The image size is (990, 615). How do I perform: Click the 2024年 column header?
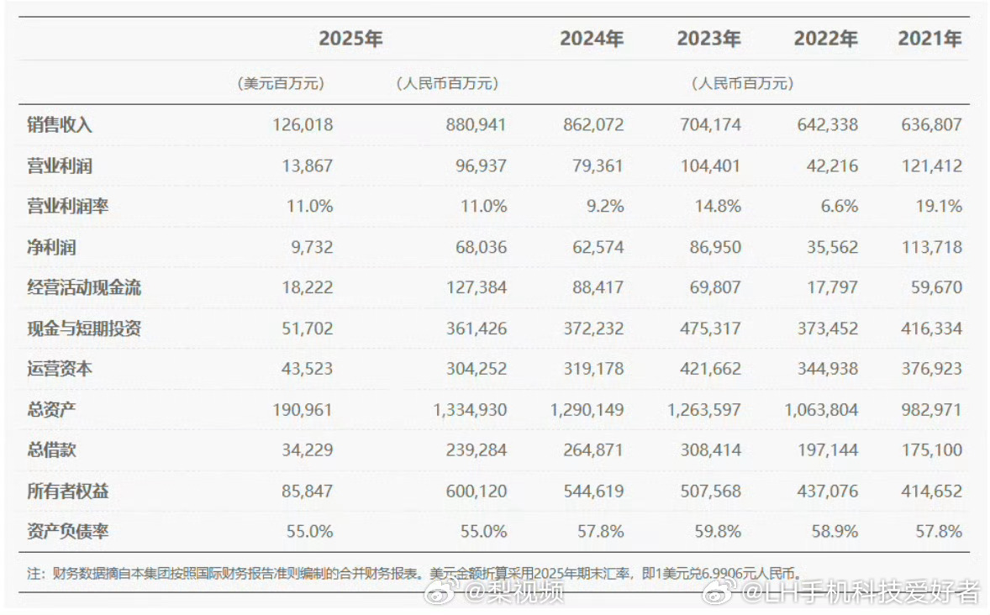(x=592, y=39)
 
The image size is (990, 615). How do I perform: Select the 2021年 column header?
(x=929, y=39)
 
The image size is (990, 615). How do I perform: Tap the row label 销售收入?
(x=60, y=125)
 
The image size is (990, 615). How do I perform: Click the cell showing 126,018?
(x=303, y=125)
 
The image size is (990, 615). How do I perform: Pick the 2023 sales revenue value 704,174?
(x=709, y=125)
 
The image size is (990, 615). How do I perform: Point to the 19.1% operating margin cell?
(x=940, y=206)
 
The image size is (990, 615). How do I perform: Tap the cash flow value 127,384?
(x=476, y=287)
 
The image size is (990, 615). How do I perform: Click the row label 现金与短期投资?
(x=84, y=329)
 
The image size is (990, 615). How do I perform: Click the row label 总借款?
(x=51, y=450)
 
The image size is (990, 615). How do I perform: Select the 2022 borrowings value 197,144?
(x=826, y=450)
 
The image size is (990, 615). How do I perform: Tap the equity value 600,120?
(x=476, y=491)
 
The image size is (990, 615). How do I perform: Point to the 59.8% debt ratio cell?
(x=719, y=531)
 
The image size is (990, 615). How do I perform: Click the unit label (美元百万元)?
(x=281, y=84)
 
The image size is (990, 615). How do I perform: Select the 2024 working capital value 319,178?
(x=592, y=369)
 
